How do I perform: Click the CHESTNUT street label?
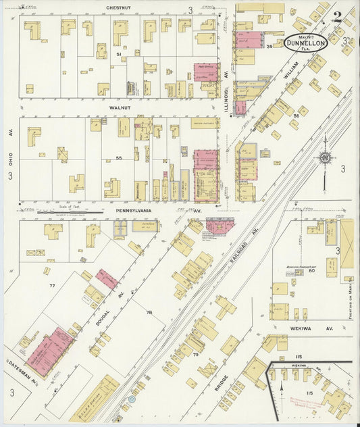coord(119,8)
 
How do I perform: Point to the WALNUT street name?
coord(119,107)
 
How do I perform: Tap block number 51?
coord(118,53)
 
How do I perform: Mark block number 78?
coord(150,312)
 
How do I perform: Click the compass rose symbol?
coord(325,159)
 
